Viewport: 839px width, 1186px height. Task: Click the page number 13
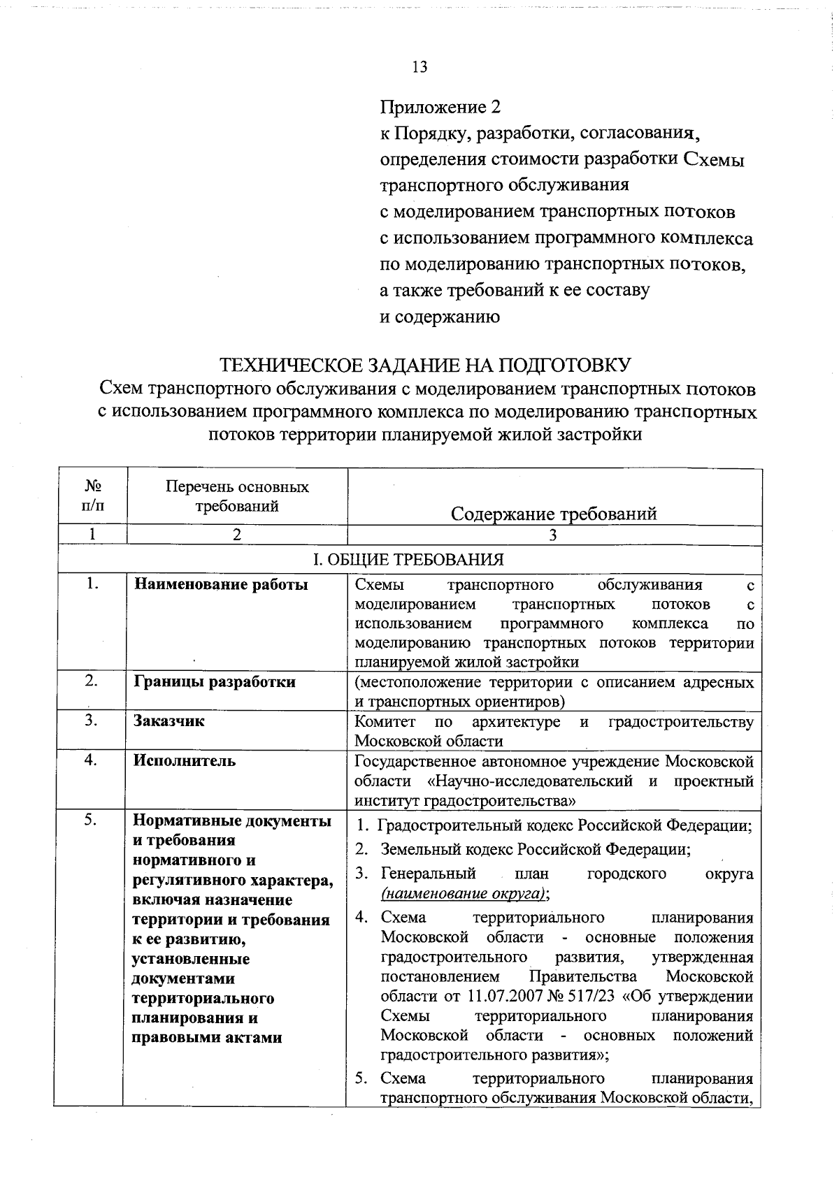point(419,67)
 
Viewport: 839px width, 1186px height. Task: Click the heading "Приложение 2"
point(440,107)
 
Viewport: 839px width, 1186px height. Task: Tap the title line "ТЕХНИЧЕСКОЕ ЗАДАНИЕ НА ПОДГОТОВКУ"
point(426,365)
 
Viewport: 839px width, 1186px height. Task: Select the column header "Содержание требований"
point(554,514)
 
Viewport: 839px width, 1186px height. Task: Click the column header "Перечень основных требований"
point(237,496)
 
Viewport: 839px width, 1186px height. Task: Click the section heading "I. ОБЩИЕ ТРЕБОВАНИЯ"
point(408,560)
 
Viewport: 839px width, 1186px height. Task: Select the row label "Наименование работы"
point(221,585)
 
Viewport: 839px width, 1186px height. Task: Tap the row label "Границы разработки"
point(215,682)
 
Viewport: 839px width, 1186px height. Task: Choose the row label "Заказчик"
point(169,721)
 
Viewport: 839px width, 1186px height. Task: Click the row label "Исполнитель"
point(185,761)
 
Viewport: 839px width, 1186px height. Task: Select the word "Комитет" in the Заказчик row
point(385,721)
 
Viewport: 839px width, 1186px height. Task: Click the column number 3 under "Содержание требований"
point(553,535)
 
